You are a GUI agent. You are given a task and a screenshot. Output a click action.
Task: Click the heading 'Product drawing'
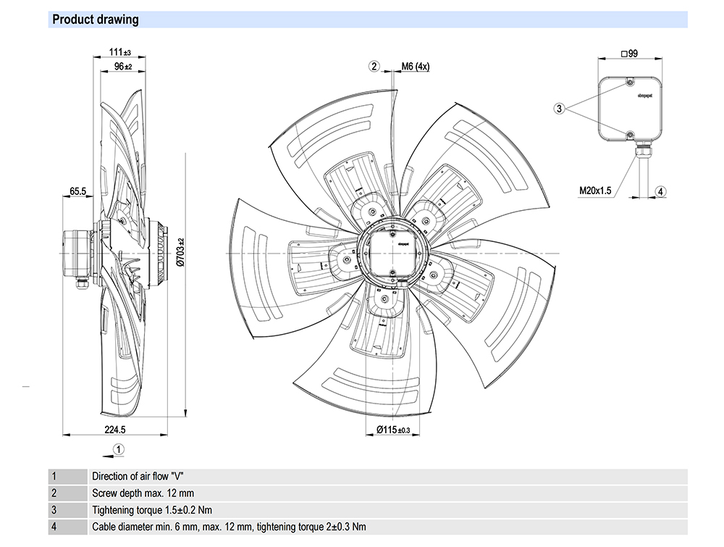[96, 20]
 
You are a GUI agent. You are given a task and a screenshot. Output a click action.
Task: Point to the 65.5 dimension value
[78, 191]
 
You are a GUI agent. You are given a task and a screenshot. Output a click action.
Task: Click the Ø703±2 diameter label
[182, 252]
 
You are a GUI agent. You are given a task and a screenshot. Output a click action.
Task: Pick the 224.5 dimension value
[116, 430]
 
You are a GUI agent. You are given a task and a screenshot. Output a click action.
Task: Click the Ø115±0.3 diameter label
[393, 430]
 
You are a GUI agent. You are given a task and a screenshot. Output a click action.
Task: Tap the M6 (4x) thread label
[416, 67]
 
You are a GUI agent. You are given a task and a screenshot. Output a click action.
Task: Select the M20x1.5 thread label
[595, 191]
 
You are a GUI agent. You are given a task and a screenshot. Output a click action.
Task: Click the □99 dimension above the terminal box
[629, 54]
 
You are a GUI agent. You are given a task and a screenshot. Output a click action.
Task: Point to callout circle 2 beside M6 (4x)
[374, 67]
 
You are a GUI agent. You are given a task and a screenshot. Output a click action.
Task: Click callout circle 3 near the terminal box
[559, 109]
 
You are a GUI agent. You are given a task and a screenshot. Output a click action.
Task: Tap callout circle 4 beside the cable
[660, 191]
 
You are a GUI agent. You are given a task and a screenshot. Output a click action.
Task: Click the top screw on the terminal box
[630, 83]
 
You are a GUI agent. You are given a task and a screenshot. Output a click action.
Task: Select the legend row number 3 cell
[54, 510]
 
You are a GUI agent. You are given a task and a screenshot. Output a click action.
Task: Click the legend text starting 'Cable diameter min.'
[229, 527]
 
